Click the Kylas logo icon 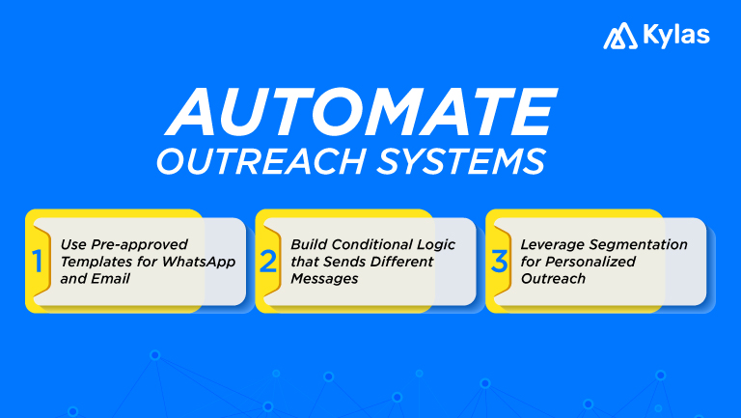619,37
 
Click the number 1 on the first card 39,261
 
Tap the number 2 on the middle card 269,261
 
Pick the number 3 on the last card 498,261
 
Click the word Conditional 370,244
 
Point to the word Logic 436,244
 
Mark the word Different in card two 425,262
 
